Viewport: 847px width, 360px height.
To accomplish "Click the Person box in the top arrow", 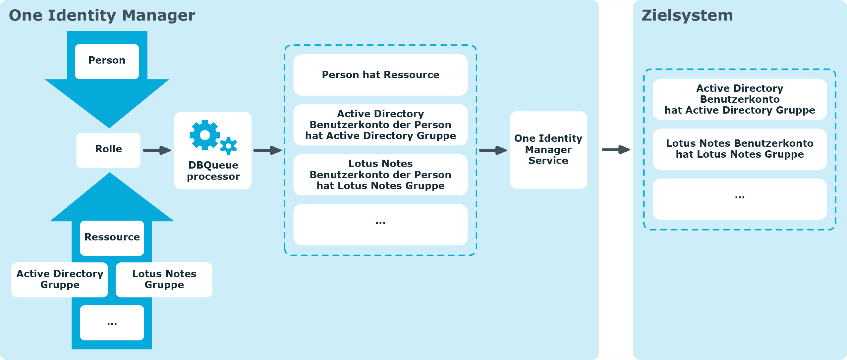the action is click(x=107, y=62).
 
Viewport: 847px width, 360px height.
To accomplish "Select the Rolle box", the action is click(x=108, y=150).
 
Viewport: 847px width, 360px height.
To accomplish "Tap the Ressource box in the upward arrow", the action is click(x=112, y=238).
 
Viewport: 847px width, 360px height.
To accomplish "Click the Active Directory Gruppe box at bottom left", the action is click(x=60, y=280).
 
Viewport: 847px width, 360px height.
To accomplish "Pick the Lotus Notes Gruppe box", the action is click(x=164, y=280).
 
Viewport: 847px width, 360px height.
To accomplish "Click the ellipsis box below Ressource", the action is click(x=112, y=323).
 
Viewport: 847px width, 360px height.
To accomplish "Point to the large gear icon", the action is click(x=205, y=135).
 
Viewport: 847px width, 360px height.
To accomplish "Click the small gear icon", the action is click(x=228, y=146).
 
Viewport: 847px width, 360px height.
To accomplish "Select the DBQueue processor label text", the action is click(x=213, y=171).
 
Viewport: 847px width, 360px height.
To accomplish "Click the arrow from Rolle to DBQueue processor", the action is click(x=157, y=150).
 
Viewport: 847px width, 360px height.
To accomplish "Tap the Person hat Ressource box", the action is click(x=380, y=75).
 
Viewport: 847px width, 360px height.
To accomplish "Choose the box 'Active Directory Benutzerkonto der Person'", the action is click(x=380, y=125).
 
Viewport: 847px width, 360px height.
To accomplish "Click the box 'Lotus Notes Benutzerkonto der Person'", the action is click(x=380, y=175).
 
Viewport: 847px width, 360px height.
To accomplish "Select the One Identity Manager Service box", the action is click(x=548, y=150).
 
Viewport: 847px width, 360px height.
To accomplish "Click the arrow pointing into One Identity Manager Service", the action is click(x=493, y=150).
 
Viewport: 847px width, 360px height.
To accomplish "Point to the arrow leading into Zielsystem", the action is click(x=616, y=150).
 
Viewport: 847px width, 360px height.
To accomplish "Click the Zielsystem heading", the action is click(x=687, y=16).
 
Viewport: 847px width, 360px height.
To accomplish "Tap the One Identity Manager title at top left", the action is click(x=102, y=16).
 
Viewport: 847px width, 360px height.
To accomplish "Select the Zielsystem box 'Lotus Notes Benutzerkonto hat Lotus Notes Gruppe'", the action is click(x=740, y=149).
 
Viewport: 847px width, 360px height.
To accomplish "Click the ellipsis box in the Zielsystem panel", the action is click(x=740, y=199).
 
